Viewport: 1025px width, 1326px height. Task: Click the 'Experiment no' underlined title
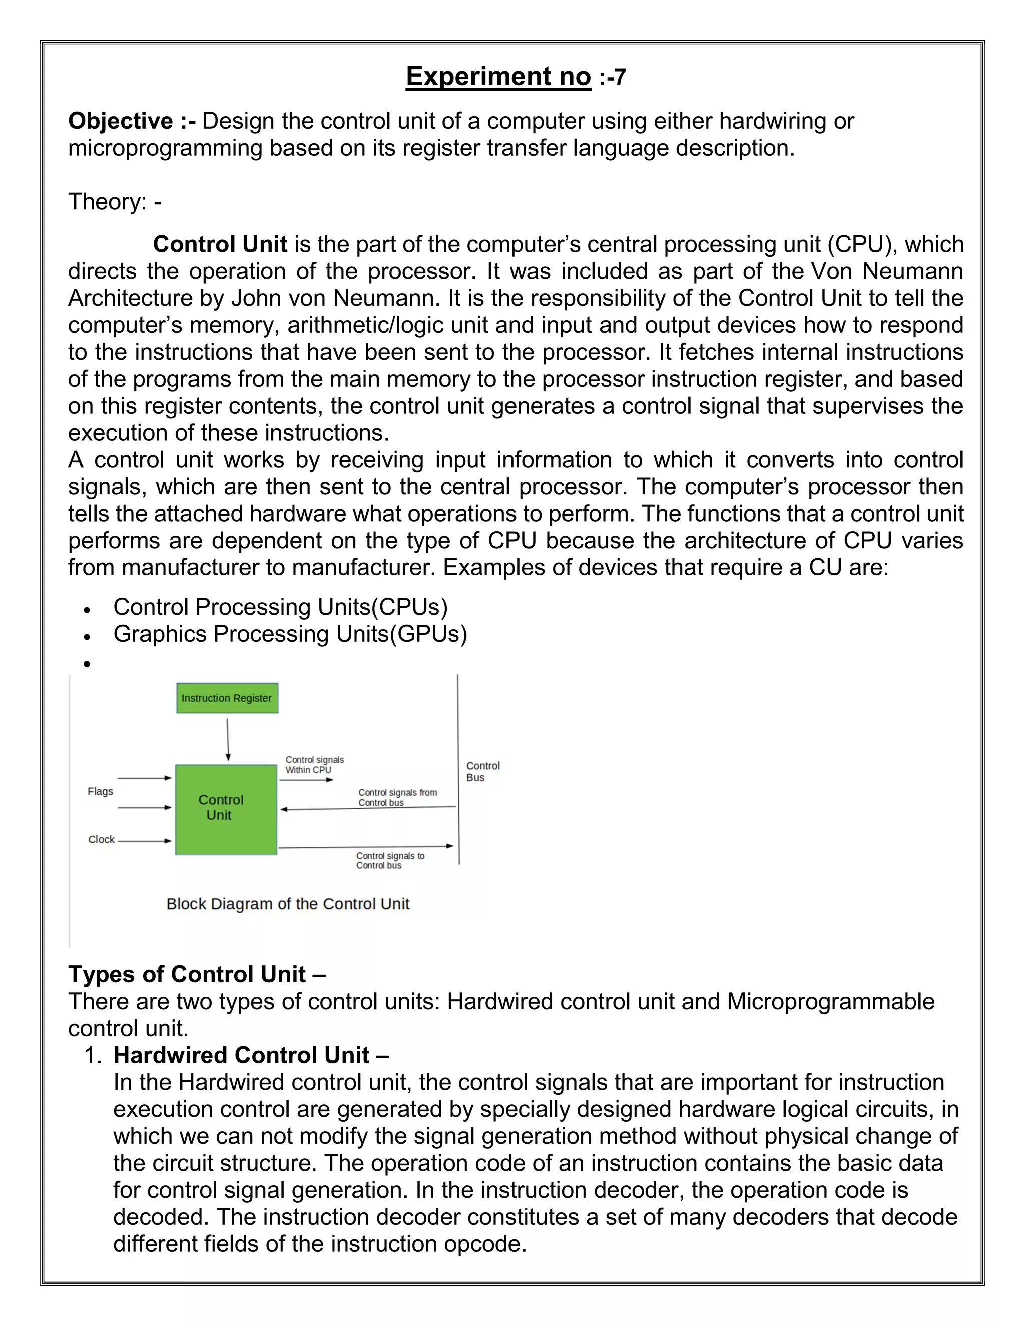(498, 77)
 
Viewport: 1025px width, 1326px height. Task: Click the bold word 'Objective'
(120, 121)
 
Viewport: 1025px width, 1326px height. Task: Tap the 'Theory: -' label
(115, 202)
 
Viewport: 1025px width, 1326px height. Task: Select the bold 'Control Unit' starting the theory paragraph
(220, 244)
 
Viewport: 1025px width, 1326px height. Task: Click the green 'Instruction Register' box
(227, 698)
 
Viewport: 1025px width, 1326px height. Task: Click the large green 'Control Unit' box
(226, 809)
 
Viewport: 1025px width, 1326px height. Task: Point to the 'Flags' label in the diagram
(100, 791)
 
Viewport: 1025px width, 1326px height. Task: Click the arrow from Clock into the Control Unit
(145, 841)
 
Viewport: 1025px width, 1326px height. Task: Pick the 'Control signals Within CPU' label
(314, 765)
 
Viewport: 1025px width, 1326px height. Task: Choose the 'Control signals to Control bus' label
(390, 860)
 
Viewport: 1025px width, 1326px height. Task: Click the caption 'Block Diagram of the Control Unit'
(288, 904)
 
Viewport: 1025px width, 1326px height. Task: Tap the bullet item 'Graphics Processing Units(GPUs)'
(290, 634)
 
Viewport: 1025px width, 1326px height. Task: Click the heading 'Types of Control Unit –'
(197, 974)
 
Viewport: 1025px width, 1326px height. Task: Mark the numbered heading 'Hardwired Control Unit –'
(251, 1055)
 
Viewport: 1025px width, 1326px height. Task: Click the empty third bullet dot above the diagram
(88, 664)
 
